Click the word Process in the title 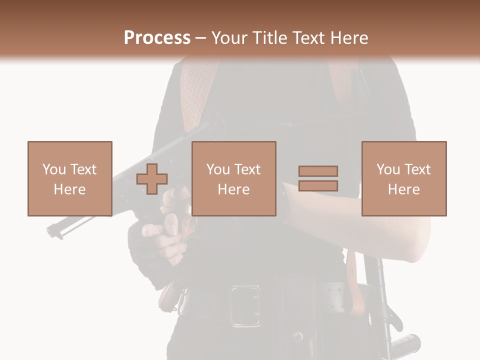coord(157,37)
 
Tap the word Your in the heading coord(229,37)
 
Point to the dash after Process coord(200,38)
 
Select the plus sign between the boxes coord(152,179)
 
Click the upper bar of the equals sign coord(318,171)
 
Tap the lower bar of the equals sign coord(318,185)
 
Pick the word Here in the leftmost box coord(69,189)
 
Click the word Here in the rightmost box coord(403,189)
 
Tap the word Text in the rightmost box coord(417,169)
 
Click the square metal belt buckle coord(244,305)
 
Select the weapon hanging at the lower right coord(385,310)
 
